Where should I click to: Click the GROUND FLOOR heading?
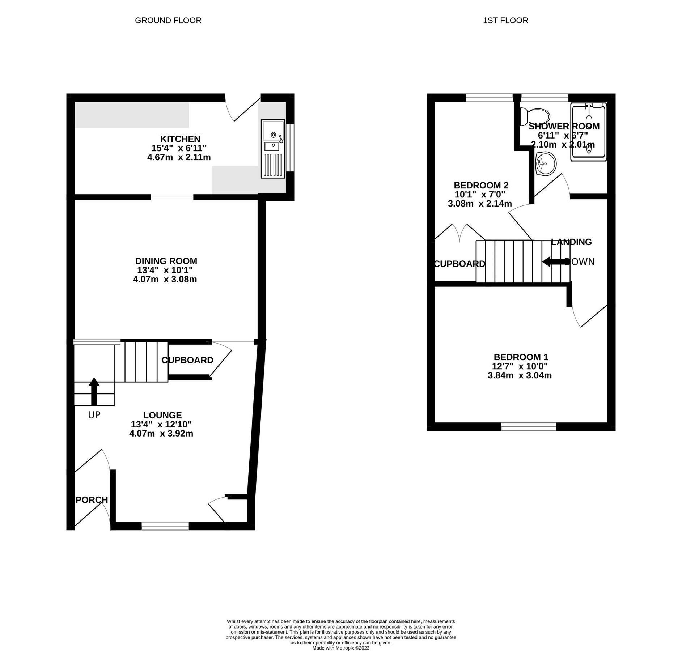168,21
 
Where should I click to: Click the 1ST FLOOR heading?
505,21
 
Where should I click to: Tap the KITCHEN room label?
180,139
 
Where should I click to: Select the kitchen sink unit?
273,149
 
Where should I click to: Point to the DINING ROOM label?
166,261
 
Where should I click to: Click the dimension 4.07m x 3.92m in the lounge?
161,433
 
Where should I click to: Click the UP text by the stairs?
94,415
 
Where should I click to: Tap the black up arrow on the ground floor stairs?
94,391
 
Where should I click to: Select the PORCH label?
92,500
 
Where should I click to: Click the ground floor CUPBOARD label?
187,360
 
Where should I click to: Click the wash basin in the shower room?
546,164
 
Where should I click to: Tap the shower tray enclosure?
588,132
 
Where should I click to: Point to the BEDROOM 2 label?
481,185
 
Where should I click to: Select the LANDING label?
571,242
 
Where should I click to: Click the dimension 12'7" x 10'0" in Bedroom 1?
520,366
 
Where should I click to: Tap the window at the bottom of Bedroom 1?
528,427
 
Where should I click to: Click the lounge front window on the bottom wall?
165,526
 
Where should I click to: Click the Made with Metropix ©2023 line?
340,648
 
